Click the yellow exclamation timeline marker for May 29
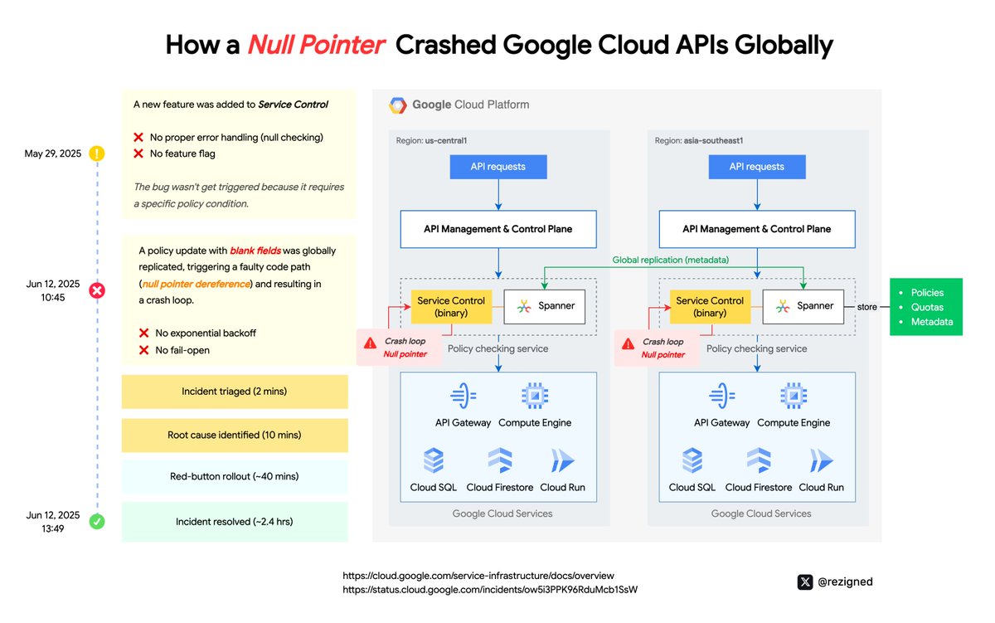pyautogui.click(x=97, y=153)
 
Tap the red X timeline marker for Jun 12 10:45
pyautogui.click(x=97, y=290)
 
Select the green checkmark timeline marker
pyautogui.click(x=97, y=522)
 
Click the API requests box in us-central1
pyautogui.click(x=498, y=166)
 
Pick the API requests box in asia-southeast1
pyautogui.click(x=757, y=166)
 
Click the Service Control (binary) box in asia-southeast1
pyautogui.click(x=711, y=306)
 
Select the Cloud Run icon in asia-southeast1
pyautogui.click(x=821, y=460)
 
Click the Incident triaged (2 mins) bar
pyautogui.click(x=235, y=392)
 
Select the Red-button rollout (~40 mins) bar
pyautogui.click(x=235, y=477)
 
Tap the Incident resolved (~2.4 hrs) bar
pyautogui.click(x=235, y=522)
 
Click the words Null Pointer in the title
pyautogui.click(x=316, y=44)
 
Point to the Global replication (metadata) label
pyautogui.click(x=671, y=260)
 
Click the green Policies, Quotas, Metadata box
pyautogui.click(x=926, y=307)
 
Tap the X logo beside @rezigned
pyautogui.click(x=804, y=582)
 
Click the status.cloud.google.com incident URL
pyautogui.click(x=490, y=590)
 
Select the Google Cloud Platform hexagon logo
pyautogui.click(x=398, y=105)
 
